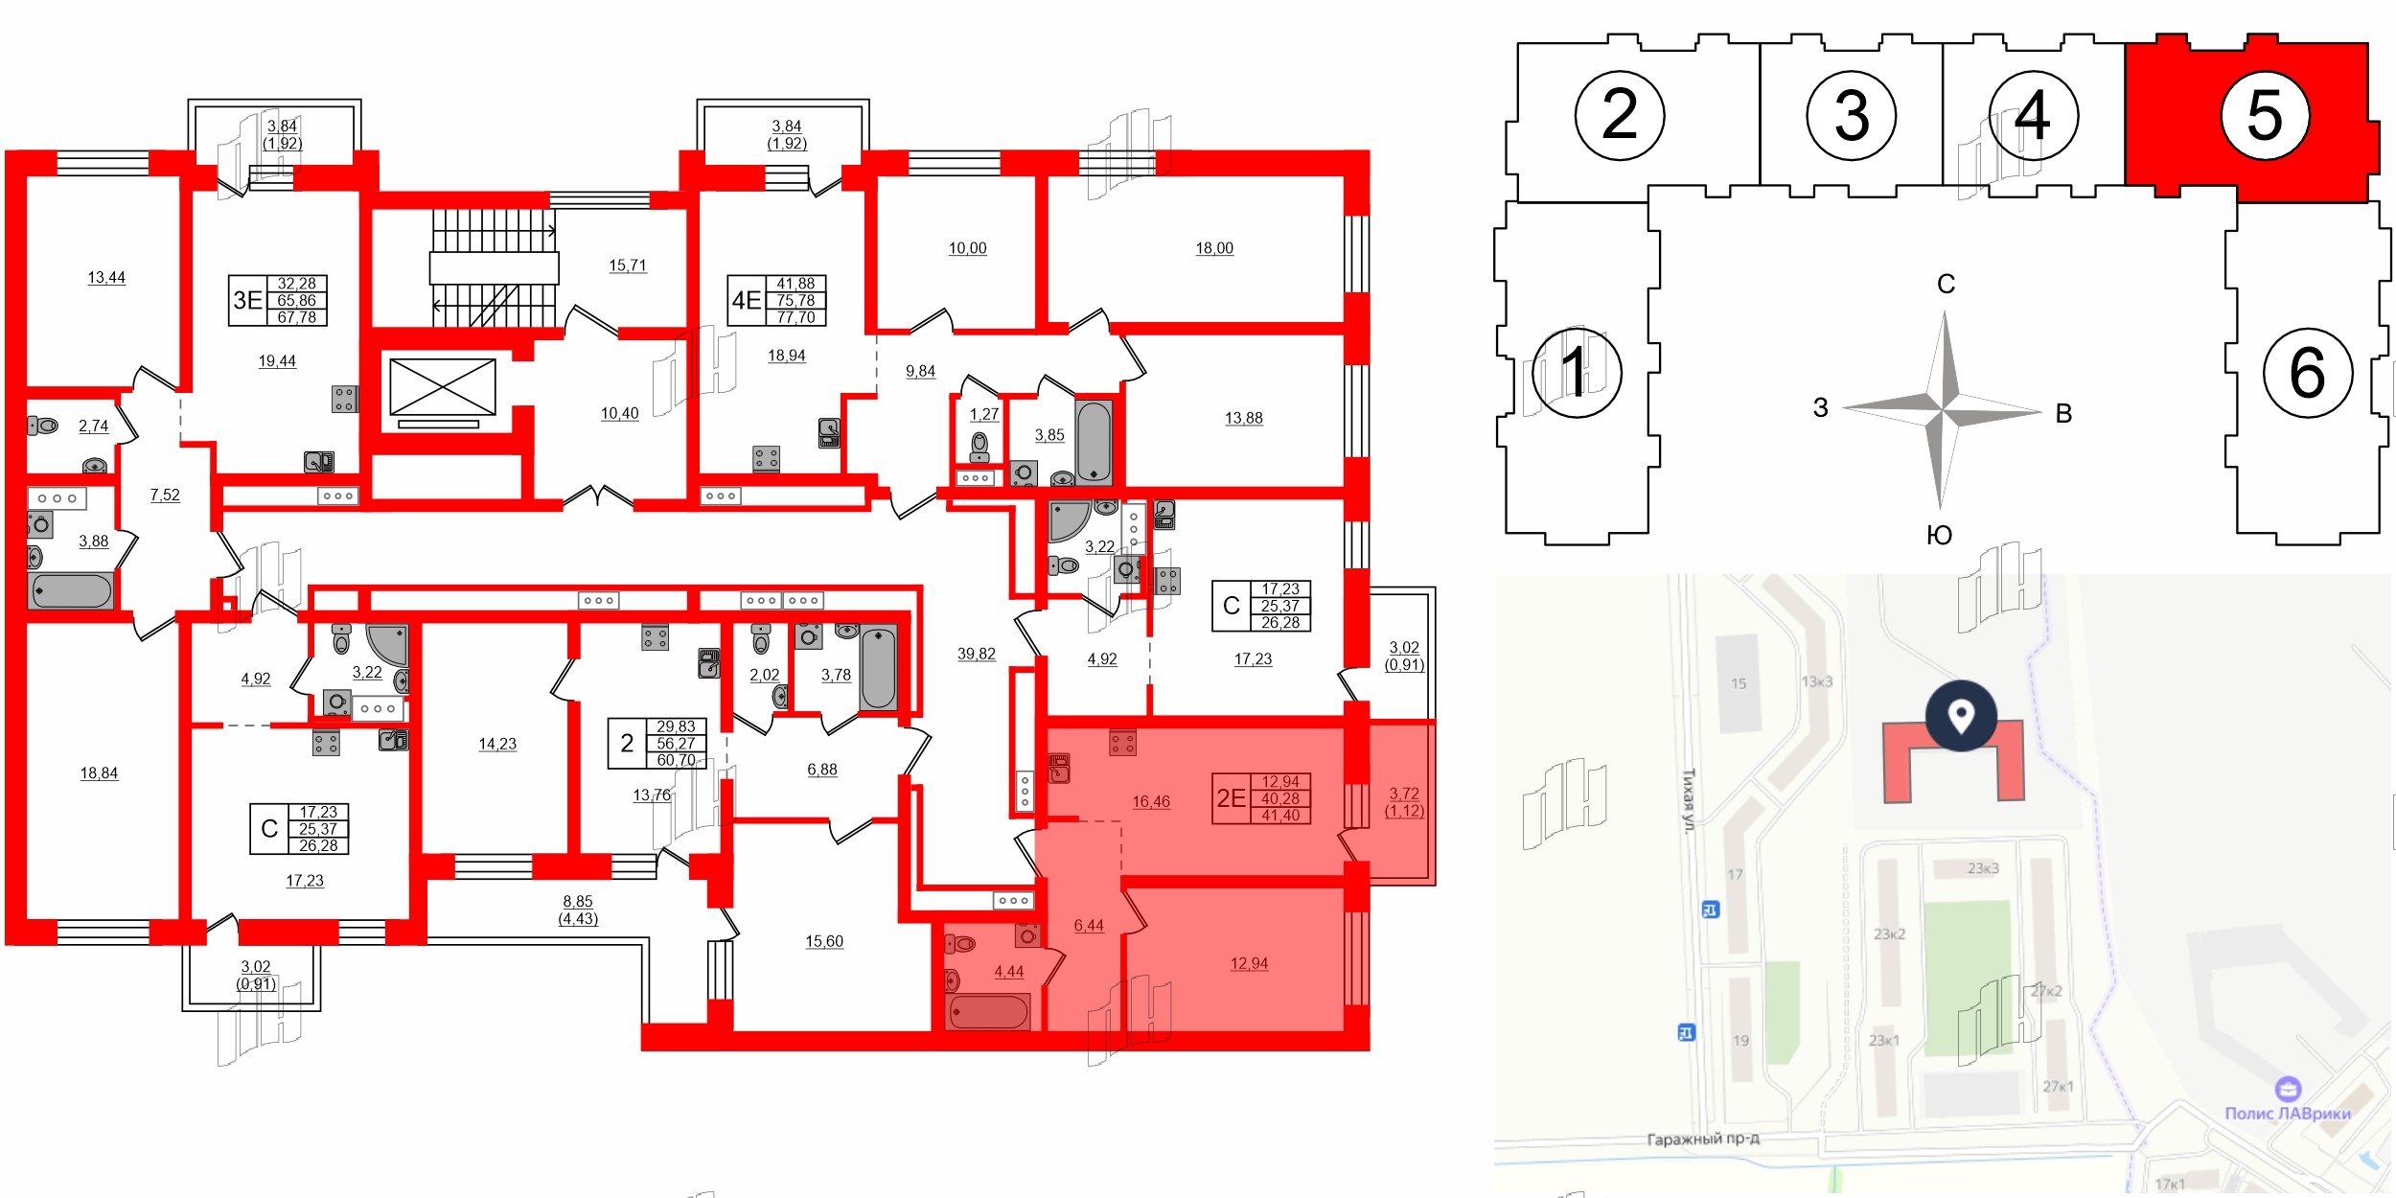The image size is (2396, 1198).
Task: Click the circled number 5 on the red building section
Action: click(x=2264, y=116)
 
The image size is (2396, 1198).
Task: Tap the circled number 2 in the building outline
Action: click(x=1619, y=116)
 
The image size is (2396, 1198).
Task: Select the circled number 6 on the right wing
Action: click(x=2307, y=373)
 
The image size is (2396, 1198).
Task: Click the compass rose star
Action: click(x=1943, y=410)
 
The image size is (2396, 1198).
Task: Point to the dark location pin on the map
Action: click(x=1961, y=716)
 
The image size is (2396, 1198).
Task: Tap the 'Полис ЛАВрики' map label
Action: click(x=2287, y=1113)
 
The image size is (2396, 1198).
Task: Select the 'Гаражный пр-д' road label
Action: click(x=1703, y=1139)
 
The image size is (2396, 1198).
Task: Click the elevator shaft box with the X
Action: click(x=443, y=387)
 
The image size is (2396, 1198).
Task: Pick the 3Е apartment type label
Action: click(x=247, y=300)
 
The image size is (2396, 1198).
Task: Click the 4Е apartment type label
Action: click(x=747, y=300)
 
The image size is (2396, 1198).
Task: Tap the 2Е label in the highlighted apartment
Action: click(x=1231, y=798)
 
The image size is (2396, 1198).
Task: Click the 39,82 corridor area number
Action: click(x=976, y=654)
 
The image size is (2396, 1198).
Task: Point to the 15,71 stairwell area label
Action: click(x=628, y=265)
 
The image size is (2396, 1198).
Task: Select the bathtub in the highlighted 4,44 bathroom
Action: click(x=988, y=1011)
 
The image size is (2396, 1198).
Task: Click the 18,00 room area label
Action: click(x=1213, y=248)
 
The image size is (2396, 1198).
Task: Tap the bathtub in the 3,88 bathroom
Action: click(x=72, y=590)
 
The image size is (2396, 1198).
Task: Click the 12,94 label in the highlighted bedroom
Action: click(x=1249, y=963)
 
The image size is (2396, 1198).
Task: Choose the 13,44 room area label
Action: click(x=106, y=277)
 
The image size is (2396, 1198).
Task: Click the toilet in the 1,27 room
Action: click(x=979, y=446)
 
